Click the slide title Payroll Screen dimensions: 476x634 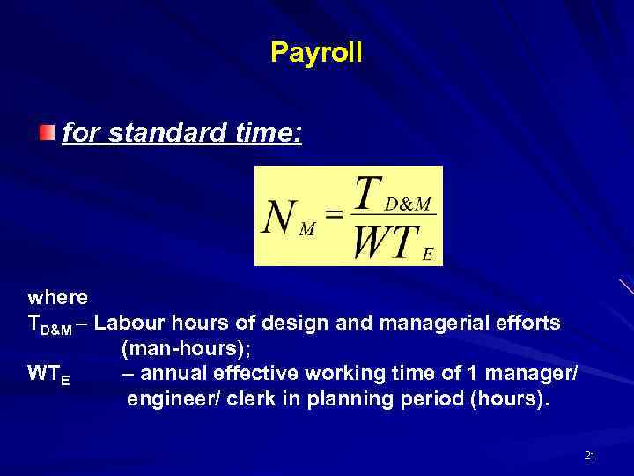[x=316, y=53]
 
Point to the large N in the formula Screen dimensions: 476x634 [x=280, y=217]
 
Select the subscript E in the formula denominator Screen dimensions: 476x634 [x=428, y=255]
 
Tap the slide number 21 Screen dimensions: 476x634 [x=589, y=456]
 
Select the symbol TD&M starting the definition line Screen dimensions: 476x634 [x=49, y=324]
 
